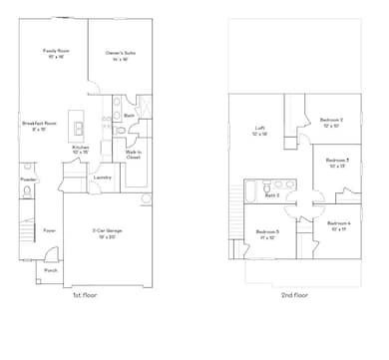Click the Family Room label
pyautogui.click(x=55, y=51)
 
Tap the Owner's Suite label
pyautogui.click(x=122, y=54)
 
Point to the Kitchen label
pyautogui.click(x=81, y=150)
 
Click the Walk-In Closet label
pyautogui.click(x=134, y=155)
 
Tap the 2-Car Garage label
pyautogui.click(x=107, y=232)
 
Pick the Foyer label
pyautogui.click(x=48, y=230)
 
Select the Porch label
pyautogui.click(x=50, y=270)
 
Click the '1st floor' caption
pyautogui.click(x=84, y=295)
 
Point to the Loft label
pyautogui.click(x=259, y=130)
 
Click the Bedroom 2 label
pyautogui.click(x=330, y=123)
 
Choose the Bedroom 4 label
pyautogui.click(x=339, y=225)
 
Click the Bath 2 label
pyautogui.click(x=271, y=195)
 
